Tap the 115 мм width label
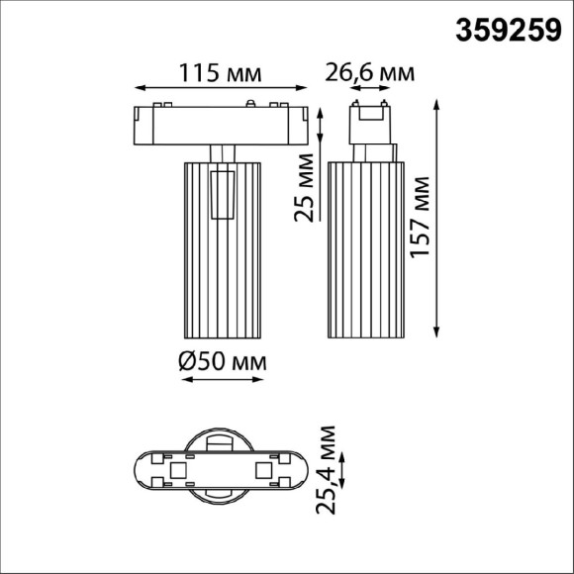coord(219,73)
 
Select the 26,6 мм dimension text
coord(370,72)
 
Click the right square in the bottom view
coord(263,470)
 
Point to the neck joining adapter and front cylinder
coord(223,150)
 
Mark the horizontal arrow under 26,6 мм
coord(368,89)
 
